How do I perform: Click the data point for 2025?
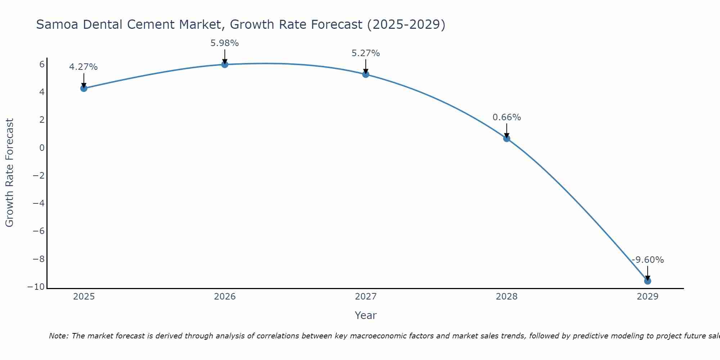tap(84, 88)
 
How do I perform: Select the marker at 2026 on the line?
tap(225, 64)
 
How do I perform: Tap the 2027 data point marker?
tap(366, 74)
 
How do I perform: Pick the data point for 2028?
tap(507, 138)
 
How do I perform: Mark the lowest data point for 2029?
tap(647, 281)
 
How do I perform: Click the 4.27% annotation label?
tap(83, 67)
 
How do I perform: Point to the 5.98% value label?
tap(225, 43)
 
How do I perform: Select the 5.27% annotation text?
tap(366, 53)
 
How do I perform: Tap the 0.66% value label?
tap(507, 117)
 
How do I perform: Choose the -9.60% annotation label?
tap(648, 260)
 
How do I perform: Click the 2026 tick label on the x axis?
tap(225, 297)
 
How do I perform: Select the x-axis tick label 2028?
tap(507, 297)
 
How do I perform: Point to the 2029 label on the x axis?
tap(647, 297)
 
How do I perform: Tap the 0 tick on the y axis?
tap(42, 148)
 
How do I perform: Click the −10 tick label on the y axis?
tap(36, 287)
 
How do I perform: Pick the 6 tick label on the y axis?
tap(42, 64)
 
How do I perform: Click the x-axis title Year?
tap(365, 315)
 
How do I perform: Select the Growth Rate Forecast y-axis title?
tap(9, 172)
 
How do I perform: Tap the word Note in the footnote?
tap(58, 336)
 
